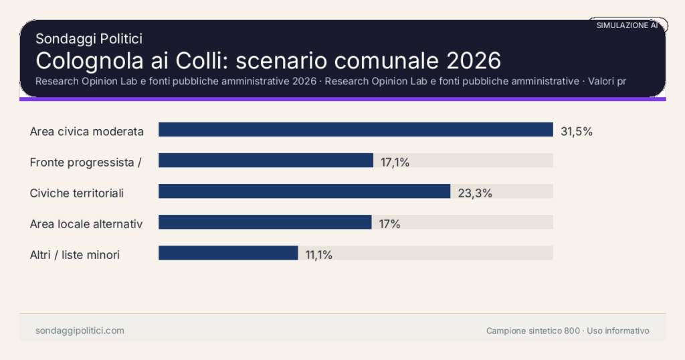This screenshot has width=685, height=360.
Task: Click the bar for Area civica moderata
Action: click(355, 130)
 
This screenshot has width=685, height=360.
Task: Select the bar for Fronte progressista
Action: click(266, 161)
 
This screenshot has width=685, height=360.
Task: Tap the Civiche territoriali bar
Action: click(304, 191)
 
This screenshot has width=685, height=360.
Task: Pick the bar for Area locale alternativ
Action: click(265, 222)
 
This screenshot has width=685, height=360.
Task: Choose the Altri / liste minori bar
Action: click(228, 253)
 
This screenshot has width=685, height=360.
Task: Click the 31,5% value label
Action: click(577, 131)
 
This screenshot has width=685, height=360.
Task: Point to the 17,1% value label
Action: click(395, 162)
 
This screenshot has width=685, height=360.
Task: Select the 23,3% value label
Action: click(475, 193)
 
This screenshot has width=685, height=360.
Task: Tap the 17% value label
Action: click(389, 224)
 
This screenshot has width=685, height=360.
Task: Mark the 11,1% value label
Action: click(318, 255)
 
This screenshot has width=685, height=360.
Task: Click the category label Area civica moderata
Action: click(87, 131)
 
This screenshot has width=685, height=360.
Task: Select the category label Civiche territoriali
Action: click(77, 193)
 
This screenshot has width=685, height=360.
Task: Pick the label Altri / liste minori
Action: click(75, 255)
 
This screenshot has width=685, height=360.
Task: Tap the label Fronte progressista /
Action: click(86, 162)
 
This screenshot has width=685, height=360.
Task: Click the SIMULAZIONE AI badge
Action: click(627, 25)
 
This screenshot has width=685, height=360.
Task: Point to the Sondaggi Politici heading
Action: click(89, 39)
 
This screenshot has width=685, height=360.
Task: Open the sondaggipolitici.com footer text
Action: click(80, 331)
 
